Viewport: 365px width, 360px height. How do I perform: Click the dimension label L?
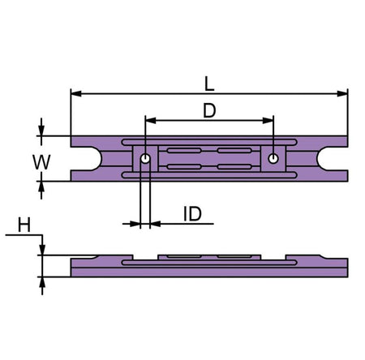click(209, 84)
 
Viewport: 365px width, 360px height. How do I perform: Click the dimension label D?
click(209, 110)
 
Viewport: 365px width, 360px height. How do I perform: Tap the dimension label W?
click(41, 162)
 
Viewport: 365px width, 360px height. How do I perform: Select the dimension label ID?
click(192, 214)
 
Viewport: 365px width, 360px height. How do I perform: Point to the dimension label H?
click(24, 225)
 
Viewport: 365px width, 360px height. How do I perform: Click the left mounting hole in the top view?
click(145, 159)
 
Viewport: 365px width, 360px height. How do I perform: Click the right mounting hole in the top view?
click(273, 159)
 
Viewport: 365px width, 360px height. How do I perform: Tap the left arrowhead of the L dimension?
click(76, 94)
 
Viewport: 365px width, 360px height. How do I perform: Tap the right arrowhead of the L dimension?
click(342, 94)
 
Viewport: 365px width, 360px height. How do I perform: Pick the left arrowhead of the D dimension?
click(151, 121)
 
